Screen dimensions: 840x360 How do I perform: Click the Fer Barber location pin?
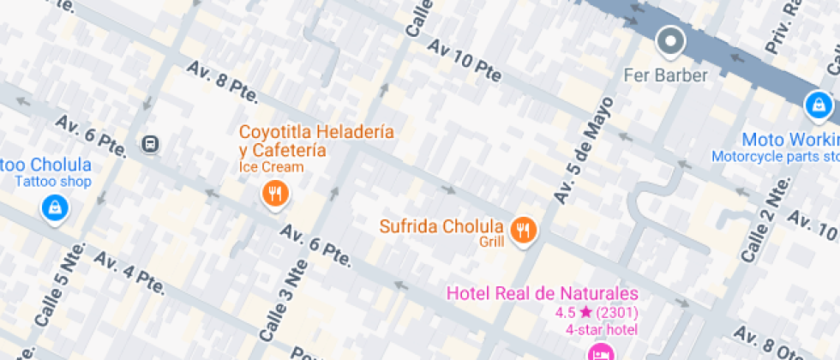pos(670,40)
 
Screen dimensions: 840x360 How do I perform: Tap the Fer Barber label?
pos(666,75)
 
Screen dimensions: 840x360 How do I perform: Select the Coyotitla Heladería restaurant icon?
pos(274,195)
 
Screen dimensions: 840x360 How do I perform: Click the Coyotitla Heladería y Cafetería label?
pos(316,141)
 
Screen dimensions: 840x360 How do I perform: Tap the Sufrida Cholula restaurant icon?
pos(523,229)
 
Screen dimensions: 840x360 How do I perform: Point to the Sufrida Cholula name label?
pos(441,227)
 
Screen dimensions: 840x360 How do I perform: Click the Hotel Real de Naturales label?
pos(542,294)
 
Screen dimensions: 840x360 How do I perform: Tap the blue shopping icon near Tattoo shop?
pos(55,207)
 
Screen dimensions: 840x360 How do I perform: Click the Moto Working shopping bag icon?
pos(819,105)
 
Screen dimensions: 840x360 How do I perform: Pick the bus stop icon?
pos(151,144)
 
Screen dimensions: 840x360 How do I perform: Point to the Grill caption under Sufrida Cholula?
pos(492,243)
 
